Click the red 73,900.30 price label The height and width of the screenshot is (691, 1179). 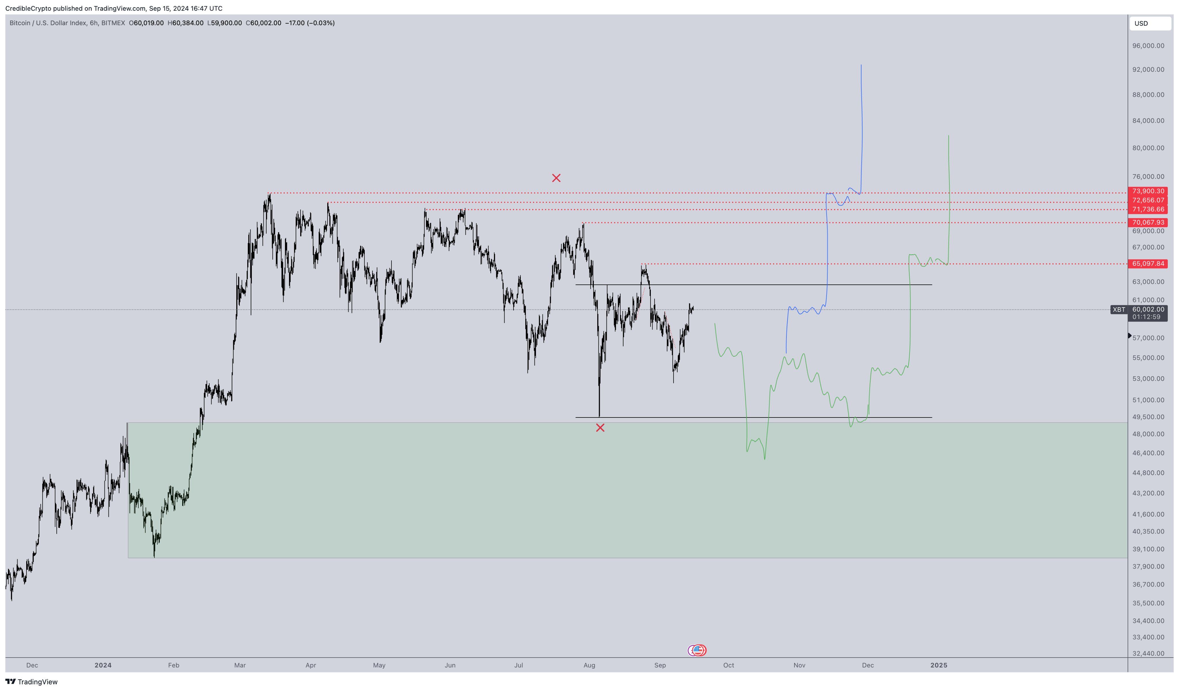1148,191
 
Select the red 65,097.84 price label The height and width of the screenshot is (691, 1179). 1148,263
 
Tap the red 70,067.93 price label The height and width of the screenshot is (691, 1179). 1148,222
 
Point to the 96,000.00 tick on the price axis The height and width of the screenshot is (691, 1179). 1148,46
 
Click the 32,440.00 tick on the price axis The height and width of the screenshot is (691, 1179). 1148,653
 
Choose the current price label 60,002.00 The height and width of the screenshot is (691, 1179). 1148,309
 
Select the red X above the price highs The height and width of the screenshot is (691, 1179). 556,178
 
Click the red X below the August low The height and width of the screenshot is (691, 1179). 600,428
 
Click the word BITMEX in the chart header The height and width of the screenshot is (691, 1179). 113,23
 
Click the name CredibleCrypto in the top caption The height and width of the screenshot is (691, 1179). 28,8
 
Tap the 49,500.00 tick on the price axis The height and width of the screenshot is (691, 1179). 1148,417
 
